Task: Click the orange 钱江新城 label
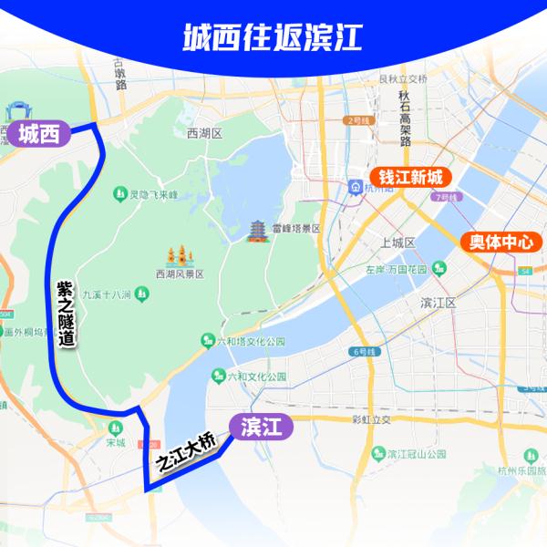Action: pyautogui.click(x=409, y=177)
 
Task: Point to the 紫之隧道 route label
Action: pyautogui.click(x=65, y=313)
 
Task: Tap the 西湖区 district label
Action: pyautogui.click(x=204, y=133)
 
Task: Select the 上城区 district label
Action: pyautogui.click(x=398, y=243)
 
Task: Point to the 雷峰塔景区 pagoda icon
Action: pyautogui.click(x=257, y=230)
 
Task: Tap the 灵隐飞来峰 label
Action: pyautogui.click(x=149, y=194)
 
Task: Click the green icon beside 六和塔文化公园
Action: pyautogui.click(x=208, y=340)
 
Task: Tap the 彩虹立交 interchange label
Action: pyautogui.click(x=370, y=420)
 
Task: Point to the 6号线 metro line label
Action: pyautogui.click(x=362, y=351)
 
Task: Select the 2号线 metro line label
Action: pyautogui.click(x=360, y=120)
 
